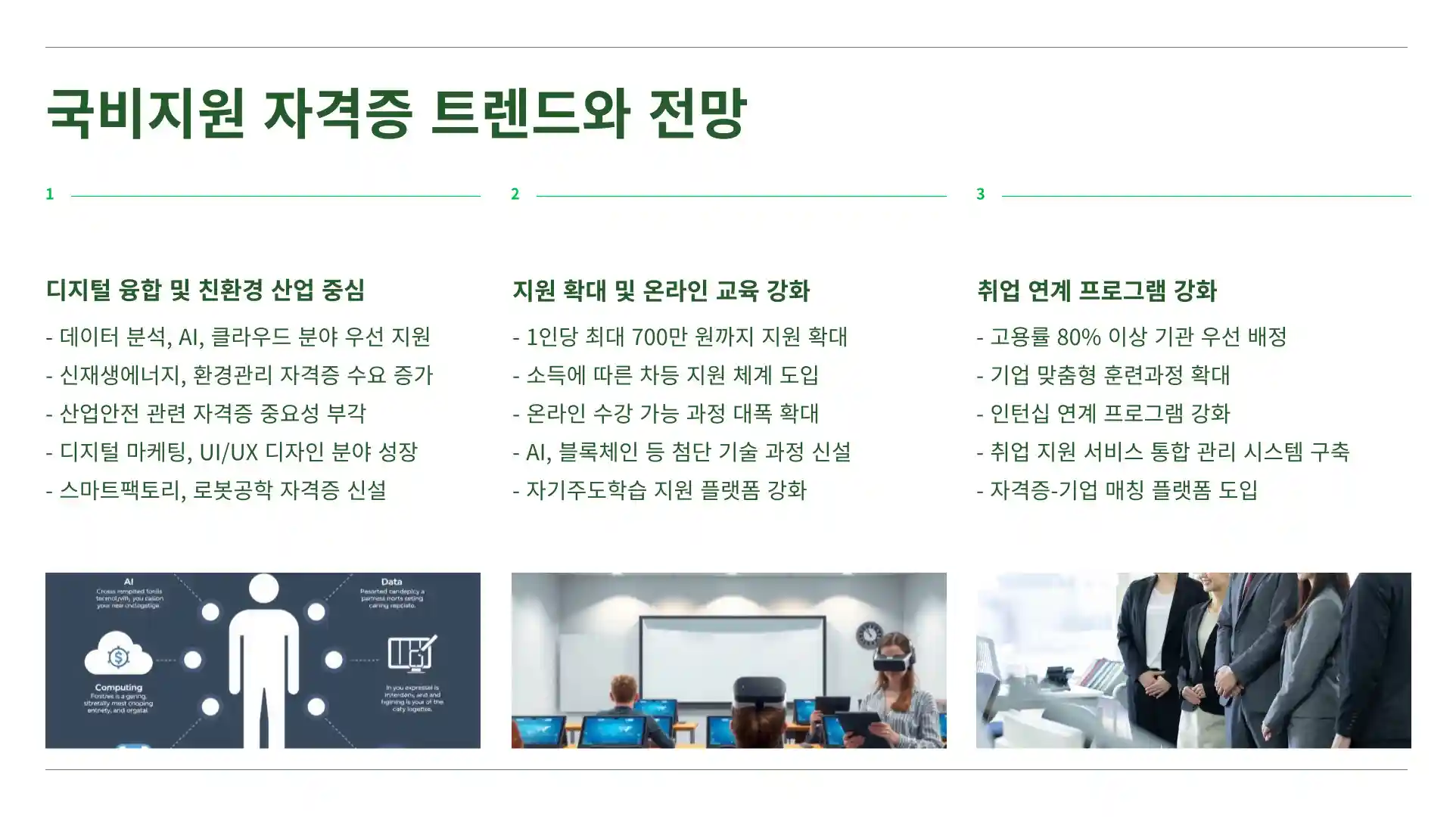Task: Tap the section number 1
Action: [50, 194]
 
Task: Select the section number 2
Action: [515, 194]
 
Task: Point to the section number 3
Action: [981, 194]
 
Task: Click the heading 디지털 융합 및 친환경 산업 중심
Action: [205, 290]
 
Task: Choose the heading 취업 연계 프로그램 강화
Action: [1097, 290]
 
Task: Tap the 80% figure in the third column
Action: [1078, 337]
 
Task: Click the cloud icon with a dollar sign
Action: [118, 656]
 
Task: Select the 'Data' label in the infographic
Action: [391, 582]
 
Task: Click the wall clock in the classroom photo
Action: [870, 635]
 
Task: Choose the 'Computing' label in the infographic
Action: [118, 688]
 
